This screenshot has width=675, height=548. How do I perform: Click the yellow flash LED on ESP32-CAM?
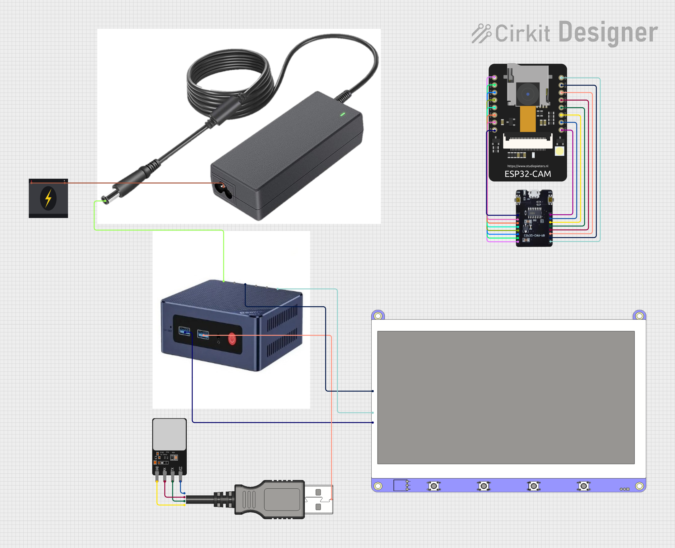coord(559,151)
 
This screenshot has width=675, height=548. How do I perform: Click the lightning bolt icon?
coord(48,198)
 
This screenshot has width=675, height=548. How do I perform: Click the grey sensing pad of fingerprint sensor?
coord(169,434)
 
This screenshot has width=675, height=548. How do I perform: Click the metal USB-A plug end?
coord(318,499)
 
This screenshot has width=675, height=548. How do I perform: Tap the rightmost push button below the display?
coord(583,486)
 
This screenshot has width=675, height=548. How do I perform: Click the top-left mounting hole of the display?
coord(378,316)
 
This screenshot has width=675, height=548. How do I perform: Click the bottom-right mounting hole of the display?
coord(639,486)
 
